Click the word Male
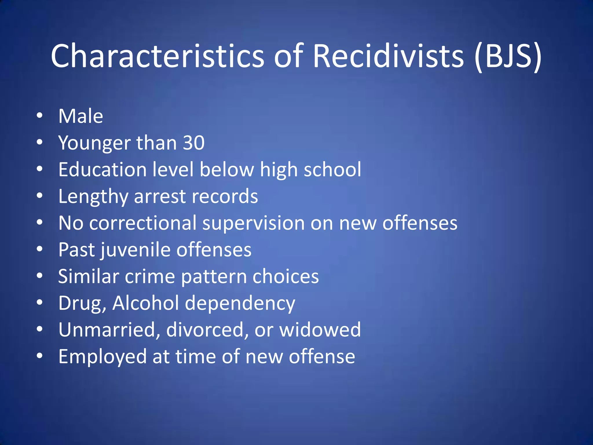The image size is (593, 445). click(81, 116)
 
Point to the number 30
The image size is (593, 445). click(194, 143)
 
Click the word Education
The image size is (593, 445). click(102, 169)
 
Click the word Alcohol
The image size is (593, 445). click(146, 303)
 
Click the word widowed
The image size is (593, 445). click(320, 330)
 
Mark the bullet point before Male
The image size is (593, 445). click(40, 116)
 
